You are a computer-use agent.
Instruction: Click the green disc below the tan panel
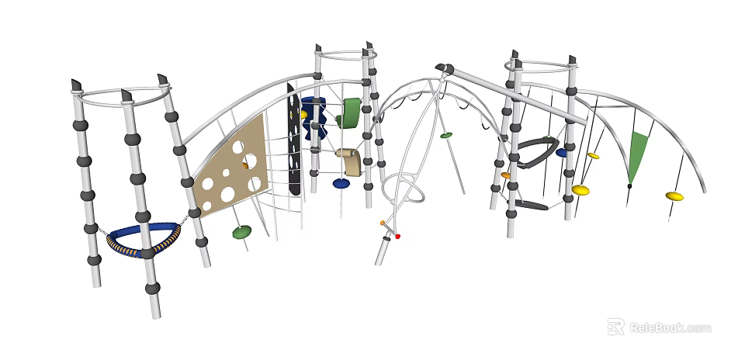242,231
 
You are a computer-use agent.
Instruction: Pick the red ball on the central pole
398,236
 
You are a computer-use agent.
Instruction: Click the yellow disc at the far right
674,196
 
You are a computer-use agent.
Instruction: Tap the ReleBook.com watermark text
670,327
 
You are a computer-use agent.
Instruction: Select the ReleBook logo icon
615,327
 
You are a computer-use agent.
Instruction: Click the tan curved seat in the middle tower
348,161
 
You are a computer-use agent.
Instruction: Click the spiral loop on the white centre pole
404,191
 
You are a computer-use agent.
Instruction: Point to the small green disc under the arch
446,136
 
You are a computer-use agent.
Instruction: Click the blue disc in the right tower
562,153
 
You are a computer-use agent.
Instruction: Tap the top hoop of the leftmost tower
124,97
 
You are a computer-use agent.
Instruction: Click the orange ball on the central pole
383,223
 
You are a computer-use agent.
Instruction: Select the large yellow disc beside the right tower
580,190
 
